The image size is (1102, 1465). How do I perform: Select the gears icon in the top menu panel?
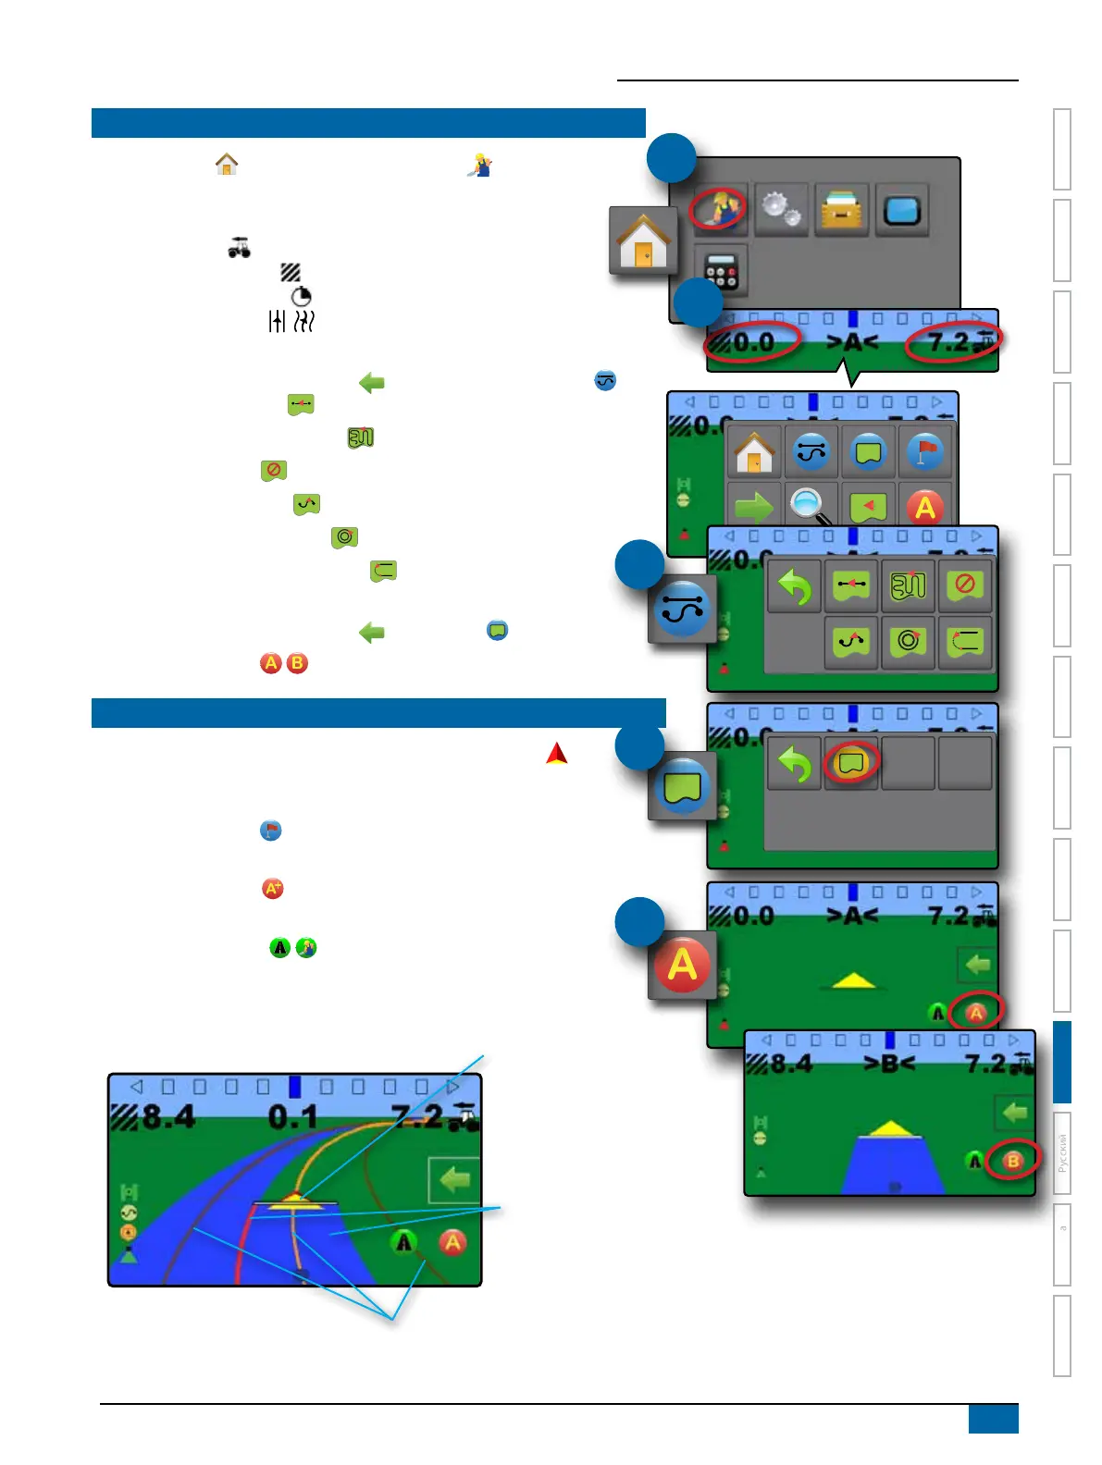tap(781, 210)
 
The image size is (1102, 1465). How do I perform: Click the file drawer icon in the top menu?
tap(842, 210)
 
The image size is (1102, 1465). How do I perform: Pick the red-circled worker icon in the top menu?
tap(717, 208)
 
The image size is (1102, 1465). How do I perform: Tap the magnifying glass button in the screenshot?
tap(809, 505)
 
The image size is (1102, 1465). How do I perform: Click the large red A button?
tap(682, 965)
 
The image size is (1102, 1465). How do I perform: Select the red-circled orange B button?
tap(1012, 1160)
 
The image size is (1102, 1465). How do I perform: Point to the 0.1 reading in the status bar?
tap(292, 1117)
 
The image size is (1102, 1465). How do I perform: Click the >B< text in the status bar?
tap(888, 1064)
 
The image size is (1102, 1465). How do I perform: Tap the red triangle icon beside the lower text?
tap(556, 754)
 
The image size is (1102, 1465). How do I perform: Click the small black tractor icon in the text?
tap(240, 248)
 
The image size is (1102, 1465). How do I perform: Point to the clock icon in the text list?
tap(301, 296)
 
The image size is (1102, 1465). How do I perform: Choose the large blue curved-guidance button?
tap(682, 609)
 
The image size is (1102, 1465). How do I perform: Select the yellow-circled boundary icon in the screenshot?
tap(850, 762)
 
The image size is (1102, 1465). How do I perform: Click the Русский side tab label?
tap(1062, 1152)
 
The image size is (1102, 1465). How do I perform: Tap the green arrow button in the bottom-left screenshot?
tap(453, 1180)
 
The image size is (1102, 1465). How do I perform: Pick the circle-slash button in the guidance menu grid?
tap(964, 585)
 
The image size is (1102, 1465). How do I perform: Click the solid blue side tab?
tap(1062, 1062)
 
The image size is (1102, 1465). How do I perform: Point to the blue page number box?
tap(993, 1419)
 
